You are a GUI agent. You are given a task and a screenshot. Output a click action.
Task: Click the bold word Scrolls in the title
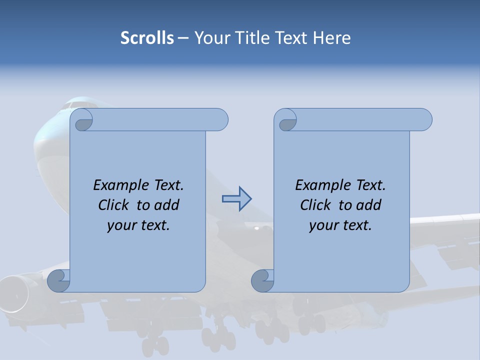pyautogui.click(x=147, y=38)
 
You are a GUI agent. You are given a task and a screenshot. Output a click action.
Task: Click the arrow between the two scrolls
pyautogui.click(x=236, y=198)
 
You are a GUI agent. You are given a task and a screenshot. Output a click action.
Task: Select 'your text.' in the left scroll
pyautogui.click(x=138, y=225)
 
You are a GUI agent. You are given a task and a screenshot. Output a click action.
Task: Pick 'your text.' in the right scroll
pyautogui.click(x=340, y=225)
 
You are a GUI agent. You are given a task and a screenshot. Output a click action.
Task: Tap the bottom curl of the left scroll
pyautogui.click(x=58, y=280)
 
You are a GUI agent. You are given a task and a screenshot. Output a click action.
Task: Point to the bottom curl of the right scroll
pyautogui.click(x=262, y=280)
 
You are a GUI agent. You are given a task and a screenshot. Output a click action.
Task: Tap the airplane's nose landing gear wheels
pyautogui.click(x=155, y=344)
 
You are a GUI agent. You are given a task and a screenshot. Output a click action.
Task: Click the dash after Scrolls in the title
pyautogui.click(x=183, y=38)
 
